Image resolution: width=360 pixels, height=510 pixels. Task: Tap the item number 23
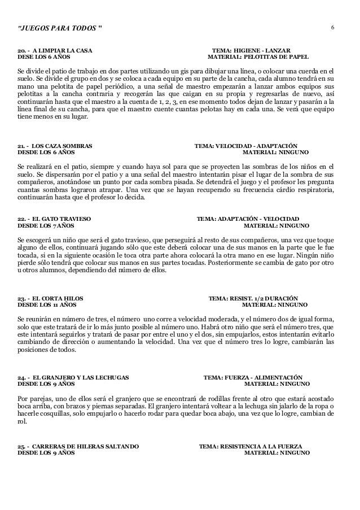click(x=22, y=298)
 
